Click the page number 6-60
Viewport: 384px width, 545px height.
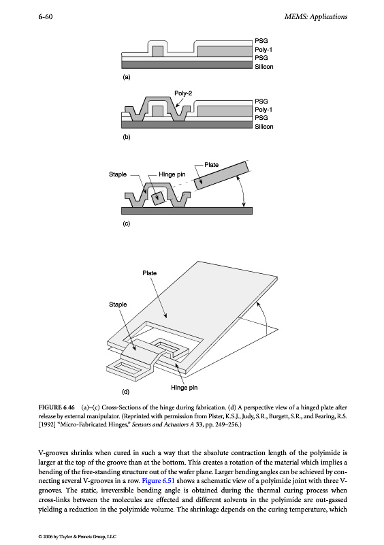46,16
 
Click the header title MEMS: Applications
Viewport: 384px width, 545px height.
315,16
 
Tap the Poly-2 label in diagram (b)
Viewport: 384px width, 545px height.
183,93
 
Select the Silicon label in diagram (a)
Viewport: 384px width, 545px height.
264,66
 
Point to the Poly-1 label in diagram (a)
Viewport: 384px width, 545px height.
263,50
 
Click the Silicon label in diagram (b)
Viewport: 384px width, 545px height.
264,127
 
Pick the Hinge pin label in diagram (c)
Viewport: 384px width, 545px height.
172,174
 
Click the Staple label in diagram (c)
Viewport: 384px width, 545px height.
118,174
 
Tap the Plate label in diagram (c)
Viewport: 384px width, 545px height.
211,165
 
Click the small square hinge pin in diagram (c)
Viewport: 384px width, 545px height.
158,198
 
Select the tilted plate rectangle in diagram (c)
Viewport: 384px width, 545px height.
221,176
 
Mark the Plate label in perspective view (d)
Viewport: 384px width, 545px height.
149,273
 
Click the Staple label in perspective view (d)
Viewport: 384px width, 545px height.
118,305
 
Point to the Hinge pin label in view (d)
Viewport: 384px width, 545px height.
185,388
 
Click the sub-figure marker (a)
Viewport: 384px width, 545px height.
127,77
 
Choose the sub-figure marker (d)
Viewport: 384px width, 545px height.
125,392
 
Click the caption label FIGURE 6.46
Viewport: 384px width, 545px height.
57,407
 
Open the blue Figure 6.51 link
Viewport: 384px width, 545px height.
158,481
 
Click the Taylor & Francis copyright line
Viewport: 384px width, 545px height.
77,537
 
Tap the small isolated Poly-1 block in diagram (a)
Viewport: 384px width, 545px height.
157,52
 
